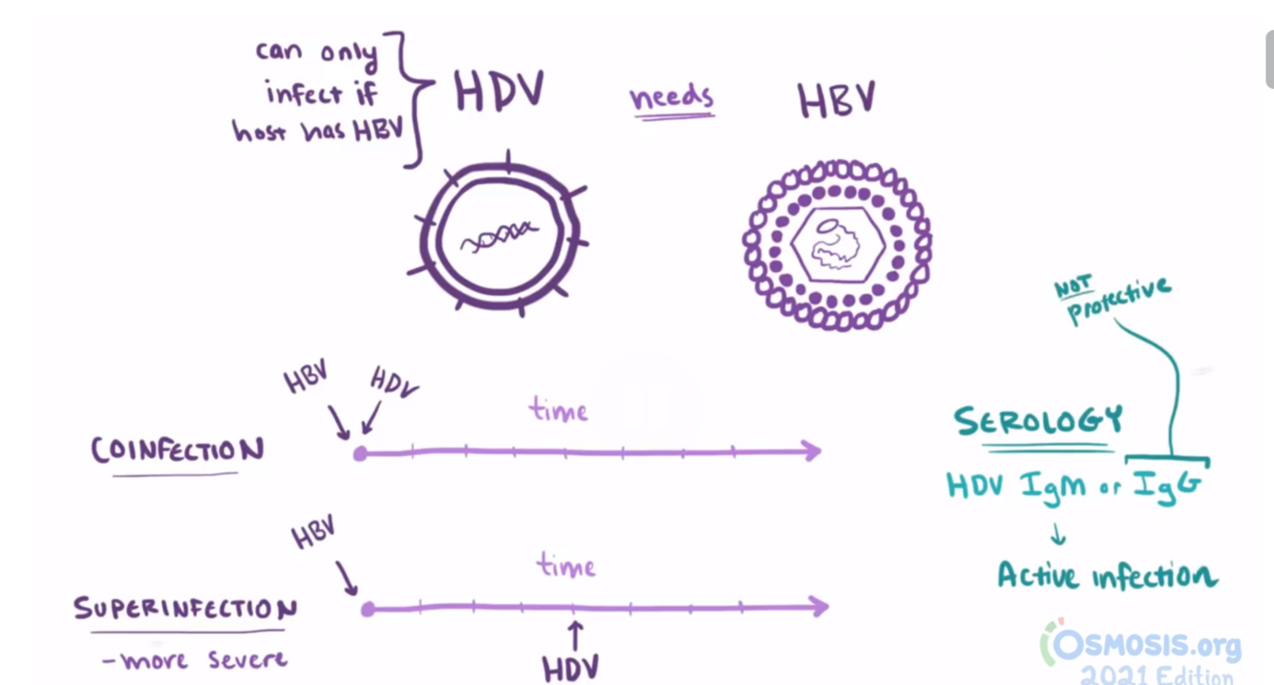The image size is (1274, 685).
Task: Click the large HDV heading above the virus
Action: tap(499, 93)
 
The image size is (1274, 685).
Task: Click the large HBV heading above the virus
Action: tap(837, 99)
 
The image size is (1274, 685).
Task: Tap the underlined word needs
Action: tap(670, 97)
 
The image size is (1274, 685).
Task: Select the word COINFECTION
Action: tap(178, 450)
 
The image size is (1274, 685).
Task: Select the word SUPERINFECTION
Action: tap(185, 609)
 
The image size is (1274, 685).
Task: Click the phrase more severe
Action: tap(195, 659)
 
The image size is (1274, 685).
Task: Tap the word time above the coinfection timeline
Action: tap(559, 411)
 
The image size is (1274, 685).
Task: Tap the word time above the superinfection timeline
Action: tap(566, 567)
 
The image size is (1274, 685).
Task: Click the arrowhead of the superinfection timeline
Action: tap(818, 606)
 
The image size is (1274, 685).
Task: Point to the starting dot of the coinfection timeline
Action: tap(360, 453)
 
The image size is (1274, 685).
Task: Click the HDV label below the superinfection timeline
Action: tap(570, 668)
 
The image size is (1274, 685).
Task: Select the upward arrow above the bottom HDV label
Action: tap(575, 633)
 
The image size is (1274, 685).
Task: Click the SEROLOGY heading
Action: tap(1038, 421)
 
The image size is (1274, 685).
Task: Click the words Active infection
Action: tap(1107, 575)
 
